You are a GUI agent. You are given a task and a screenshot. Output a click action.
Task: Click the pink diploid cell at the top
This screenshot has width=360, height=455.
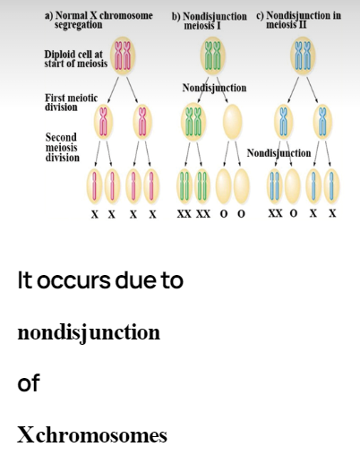(123, 56)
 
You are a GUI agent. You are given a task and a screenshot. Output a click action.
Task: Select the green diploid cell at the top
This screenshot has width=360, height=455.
(212, 56)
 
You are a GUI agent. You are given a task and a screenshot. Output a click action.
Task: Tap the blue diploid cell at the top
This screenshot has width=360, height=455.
(303, 56)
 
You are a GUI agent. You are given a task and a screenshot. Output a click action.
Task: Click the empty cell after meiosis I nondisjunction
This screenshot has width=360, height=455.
(232, 122)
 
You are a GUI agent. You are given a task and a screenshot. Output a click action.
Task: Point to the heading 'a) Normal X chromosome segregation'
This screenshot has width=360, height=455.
(99, 20)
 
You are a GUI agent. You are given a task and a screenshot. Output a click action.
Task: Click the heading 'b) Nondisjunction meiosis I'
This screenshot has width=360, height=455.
(210, 21)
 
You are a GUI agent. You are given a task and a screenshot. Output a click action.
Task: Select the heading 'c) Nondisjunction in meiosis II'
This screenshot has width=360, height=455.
(298, 20)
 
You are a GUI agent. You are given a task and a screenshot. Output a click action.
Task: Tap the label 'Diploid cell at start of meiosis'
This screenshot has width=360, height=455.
(76, 59)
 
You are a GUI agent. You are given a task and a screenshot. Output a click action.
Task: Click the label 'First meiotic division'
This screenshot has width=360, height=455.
(71, 102)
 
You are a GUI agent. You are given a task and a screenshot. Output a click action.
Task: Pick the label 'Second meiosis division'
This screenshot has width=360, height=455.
(63, 147)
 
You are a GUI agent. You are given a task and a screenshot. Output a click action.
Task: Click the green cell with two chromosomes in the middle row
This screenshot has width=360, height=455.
(193, 122)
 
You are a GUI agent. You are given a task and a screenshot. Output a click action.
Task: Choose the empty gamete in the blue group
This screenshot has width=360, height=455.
(292, 186)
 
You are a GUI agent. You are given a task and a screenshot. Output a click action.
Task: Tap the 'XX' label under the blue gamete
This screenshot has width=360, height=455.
(275, 213)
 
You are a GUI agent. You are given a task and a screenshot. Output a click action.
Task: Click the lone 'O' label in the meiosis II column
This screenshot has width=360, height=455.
(294, 213)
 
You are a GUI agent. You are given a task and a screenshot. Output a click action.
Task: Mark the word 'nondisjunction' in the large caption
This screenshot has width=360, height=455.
(89, 332)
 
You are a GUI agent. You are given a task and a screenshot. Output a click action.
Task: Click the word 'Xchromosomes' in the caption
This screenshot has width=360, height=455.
(92, 434)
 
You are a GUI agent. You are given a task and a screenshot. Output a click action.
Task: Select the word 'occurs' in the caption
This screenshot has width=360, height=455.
(73, 280)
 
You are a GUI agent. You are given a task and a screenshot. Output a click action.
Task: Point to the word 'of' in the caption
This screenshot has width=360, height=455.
(29, 382)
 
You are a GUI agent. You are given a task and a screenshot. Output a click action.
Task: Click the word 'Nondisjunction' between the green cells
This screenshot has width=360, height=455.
(214, 88)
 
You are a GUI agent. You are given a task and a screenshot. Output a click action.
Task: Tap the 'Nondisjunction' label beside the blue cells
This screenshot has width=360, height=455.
(279, 153)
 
